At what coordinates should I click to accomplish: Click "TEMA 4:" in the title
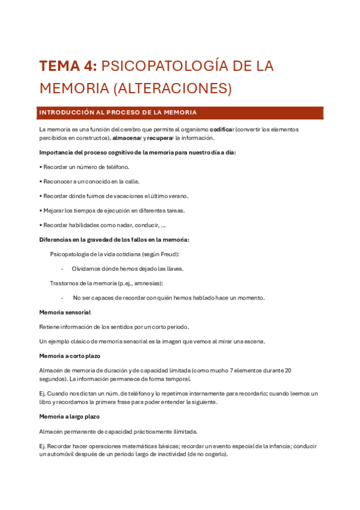point(67,66)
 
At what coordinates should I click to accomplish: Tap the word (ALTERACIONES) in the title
point(172,88)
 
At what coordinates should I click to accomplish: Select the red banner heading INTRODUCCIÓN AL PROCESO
point(117,112)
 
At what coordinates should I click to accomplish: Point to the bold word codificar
point(222,129)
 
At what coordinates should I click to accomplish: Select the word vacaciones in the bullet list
point(137,196)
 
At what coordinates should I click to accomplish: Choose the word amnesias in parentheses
point(148,283)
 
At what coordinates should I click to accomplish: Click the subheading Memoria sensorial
point(65,312)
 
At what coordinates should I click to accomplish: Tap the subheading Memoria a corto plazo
point(70,356)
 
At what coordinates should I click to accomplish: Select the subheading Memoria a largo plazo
point(69,417)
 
